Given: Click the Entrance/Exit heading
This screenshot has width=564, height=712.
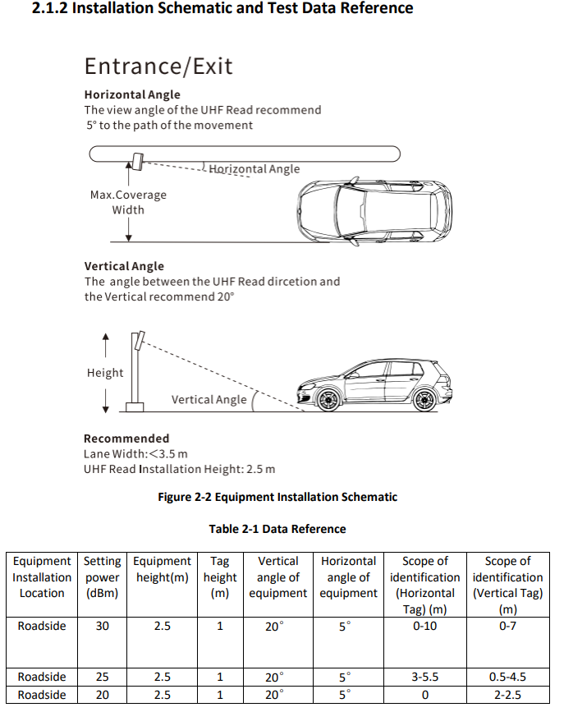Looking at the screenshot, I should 158,67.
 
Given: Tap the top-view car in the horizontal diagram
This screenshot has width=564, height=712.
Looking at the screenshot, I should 374,210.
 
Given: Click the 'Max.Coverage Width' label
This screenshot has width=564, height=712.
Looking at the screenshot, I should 128,202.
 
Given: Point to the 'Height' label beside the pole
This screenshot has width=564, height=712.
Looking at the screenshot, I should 105,373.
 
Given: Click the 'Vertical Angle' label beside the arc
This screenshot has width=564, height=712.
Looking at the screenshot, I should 209,400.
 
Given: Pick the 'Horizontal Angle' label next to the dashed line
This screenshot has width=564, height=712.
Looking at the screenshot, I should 254,169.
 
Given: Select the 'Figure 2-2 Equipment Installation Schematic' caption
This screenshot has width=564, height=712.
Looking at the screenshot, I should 277,497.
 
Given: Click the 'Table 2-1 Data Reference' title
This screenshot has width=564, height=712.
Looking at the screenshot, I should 277,529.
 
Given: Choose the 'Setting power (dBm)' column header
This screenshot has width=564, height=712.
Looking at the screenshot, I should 102,576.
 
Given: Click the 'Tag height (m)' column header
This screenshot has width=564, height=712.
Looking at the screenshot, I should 220,576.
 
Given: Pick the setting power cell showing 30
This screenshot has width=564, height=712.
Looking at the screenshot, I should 102,626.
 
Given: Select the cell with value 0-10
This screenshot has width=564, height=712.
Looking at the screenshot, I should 424,626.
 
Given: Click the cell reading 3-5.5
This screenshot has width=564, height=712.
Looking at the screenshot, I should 424,678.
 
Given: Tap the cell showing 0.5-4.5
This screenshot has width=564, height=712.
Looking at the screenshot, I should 507,678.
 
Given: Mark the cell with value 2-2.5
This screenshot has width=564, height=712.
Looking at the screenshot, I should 507,695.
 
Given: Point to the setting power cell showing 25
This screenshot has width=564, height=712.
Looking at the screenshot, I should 102,678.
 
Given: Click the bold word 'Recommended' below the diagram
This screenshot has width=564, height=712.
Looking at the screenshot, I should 126,439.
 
